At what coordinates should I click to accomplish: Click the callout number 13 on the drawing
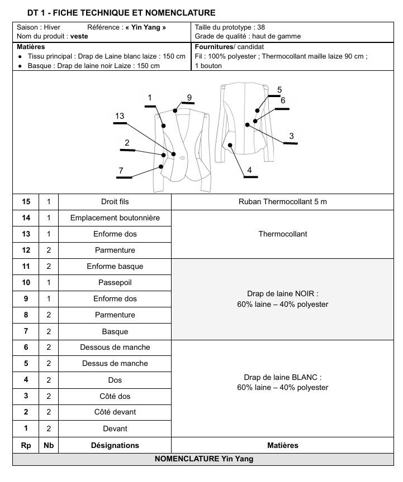coord(120,116)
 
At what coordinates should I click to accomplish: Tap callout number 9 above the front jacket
coord(189,97)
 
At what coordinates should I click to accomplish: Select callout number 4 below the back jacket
coord(249,170)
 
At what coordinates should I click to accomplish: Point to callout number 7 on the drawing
coord(121,170)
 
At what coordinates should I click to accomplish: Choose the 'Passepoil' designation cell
coord(115,282)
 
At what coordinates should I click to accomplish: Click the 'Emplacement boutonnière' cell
coord(115,218)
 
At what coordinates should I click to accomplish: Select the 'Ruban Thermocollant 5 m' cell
coord(282,201)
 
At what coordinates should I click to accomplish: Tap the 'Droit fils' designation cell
coord(115,201)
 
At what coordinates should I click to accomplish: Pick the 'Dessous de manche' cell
coord(115,347)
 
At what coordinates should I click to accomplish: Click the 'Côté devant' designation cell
coord(115,412)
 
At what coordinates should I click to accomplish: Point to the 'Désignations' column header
coord(115,445)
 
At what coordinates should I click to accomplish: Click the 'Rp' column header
coord(26,445)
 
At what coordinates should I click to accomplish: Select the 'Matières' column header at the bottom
coord(282,445)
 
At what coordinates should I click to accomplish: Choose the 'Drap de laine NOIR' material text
coord(282,293)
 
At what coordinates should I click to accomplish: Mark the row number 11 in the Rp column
coord(26,267)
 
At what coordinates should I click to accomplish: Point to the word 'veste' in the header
coord(79,36)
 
